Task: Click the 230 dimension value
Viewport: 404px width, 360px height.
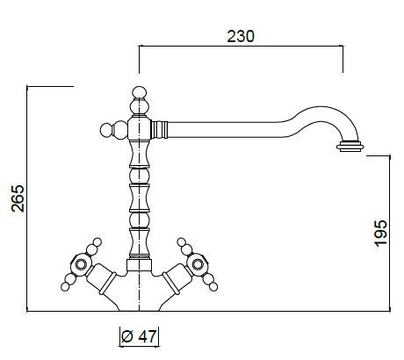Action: coord(241,36)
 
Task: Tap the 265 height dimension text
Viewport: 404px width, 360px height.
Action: coord(18,198)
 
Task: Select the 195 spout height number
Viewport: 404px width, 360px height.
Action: coord(381,234)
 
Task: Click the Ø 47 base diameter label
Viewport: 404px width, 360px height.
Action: coord(139,336)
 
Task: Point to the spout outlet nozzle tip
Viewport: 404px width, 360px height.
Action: coord(350,147)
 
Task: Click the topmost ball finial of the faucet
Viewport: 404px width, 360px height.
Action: coord(139,92)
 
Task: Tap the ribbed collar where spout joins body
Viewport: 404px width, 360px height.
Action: coord(159,130)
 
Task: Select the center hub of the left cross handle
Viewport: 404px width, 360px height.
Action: coord(80,264)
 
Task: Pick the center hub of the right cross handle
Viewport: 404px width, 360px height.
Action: coord(198,264)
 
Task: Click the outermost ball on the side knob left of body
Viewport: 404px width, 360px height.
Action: coord(106,130)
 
